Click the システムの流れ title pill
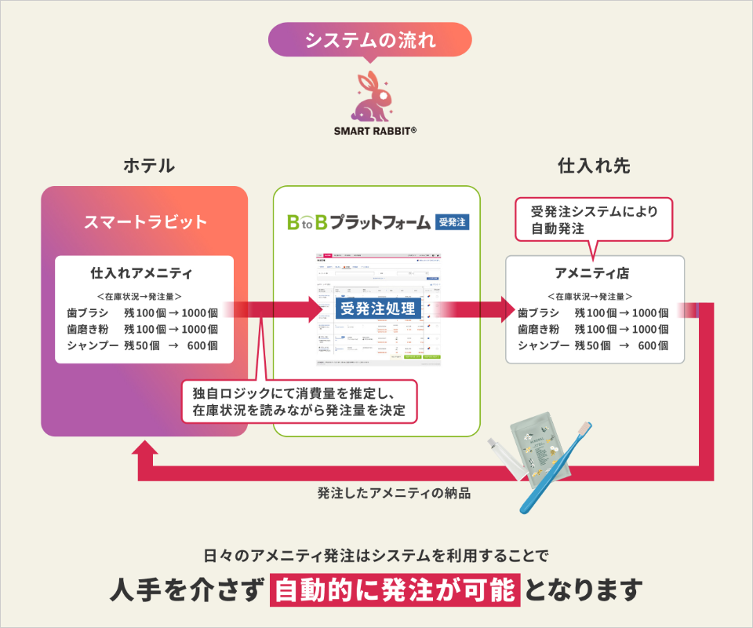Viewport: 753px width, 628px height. (x=369, y=39)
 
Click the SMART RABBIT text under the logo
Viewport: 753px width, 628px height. (x=375, y=131)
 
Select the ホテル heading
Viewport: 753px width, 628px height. (x=148, y=166)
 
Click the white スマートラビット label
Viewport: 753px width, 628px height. (x=145, y=222)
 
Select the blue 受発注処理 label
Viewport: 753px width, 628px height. (x=376, y=307)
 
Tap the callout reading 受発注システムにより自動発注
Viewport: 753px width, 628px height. (x=594, y=219)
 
